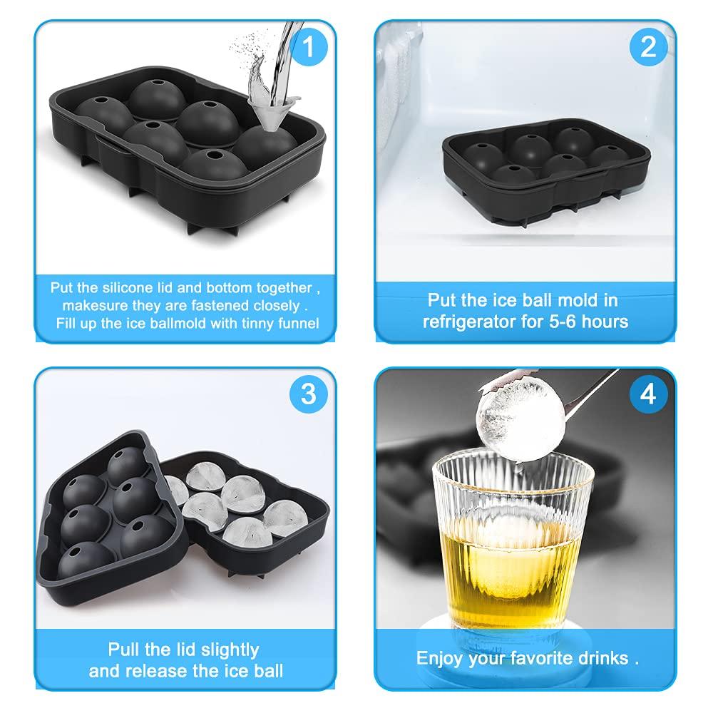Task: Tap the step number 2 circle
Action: point(647,47)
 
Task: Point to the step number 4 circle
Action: point(647,394)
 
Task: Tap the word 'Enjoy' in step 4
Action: point(440,658)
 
